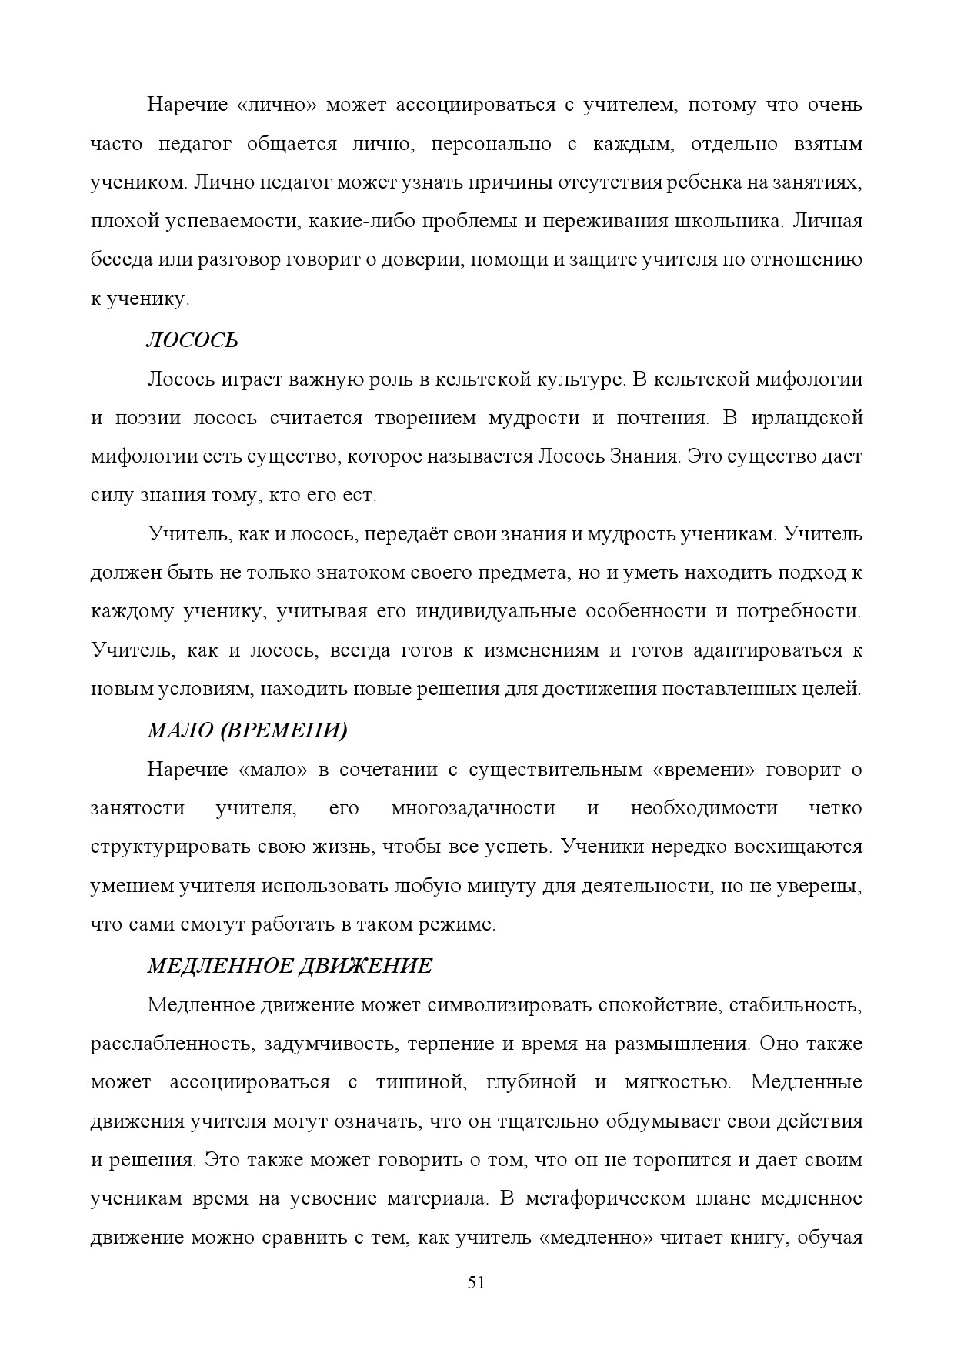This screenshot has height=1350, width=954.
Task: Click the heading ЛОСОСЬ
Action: point(192,340)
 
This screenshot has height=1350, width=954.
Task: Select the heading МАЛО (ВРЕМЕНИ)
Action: point(247,730)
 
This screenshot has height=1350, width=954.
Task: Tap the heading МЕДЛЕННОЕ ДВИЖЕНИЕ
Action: point(289,965)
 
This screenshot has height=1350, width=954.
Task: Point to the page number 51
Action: point(476,1282)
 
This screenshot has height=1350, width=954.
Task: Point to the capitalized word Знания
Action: point(645,456)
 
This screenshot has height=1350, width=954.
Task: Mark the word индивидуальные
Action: point(496,611)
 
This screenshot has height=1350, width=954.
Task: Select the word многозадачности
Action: point(473,808)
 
